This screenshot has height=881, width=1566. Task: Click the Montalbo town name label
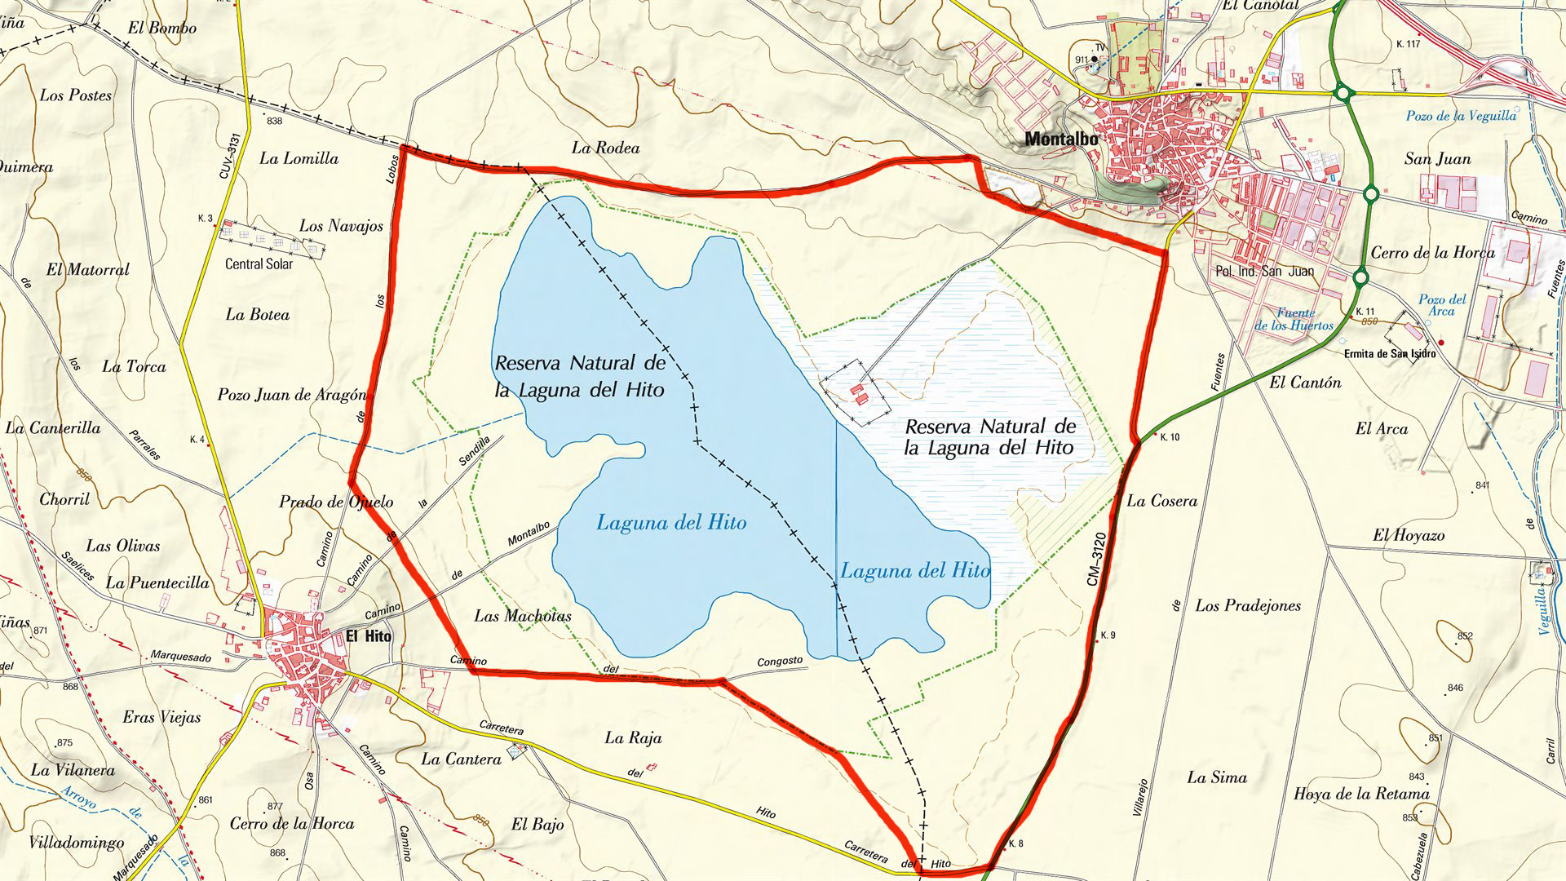click(x=1060, y=139)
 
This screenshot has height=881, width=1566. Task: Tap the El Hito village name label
click(x=369, y=635)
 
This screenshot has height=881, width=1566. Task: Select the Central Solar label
click(x=259, y=263)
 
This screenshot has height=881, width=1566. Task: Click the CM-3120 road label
click(x=1095, y=559)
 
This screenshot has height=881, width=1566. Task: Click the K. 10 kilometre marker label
click(x=1170, y=437)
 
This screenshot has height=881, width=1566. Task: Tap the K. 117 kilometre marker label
click(x=1408, y=44)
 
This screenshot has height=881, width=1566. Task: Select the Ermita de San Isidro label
click(x=1390, y=354)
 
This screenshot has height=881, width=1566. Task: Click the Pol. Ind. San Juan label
click(x=1264, y=271)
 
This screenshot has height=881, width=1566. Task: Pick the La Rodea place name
click(x=605, y=148)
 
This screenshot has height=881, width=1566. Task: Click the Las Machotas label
click(x=523, y=616)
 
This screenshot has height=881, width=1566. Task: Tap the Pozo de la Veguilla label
click(x=1461, y=116)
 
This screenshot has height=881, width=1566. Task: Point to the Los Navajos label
click(x=341, y=226)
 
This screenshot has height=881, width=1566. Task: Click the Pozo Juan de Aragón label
click(x=292, y=395)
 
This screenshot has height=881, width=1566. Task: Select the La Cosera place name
click(x=1161, y=501)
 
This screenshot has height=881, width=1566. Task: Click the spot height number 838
click(x=274, y=122)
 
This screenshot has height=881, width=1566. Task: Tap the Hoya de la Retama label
click(x=1361, y=794)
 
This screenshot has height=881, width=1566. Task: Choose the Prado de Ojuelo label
click(x=336, y=502)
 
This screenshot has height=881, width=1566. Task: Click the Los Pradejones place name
click(x=1248, y=605)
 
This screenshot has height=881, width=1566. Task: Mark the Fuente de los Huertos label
click(x=1294, y=319)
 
